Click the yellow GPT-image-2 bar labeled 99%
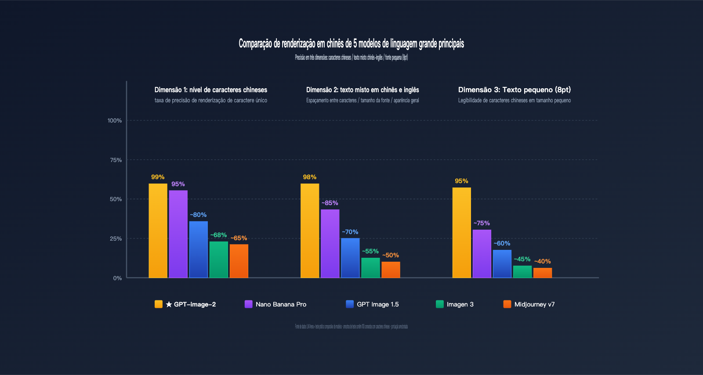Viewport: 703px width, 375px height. click(x=158, y=231)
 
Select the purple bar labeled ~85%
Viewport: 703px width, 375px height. click(x=330, y=244)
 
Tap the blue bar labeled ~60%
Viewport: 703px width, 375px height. click(x=502, y=264)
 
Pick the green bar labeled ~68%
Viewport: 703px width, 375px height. click(x=219, y=260)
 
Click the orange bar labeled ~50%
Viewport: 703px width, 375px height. click(x=391, y=270)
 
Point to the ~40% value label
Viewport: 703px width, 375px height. click(x=543, y=261)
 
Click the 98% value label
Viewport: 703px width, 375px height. click(x=310, y=177)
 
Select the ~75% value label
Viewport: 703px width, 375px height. click(x=482, y=223)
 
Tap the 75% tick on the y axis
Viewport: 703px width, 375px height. click(x=116, y=160)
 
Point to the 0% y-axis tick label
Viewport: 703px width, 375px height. click(x=117, y=278)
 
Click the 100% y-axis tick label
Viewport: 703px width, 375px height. click(x=115, y=120)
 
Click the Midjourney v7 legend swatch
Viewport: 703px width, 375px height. click(x=507, y=304)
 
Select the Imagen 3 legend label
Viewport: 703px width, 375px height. click(x=460, y=304)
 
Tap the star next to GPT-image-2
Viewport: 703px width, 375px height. click(x=169, y=304)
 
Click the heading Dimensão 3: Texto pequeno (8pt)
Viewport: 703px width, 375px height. click(x=515, y=90)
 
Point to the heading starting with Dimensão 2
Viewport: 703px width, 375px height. click(x=362, y=90)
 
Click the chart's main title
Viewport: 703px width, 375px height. click(x=351, y=43)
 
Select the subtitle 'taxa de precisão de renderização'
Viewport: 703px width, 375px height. click(x=211, y=101)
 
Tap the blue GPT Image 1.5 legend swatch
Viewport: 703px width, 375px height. click(x=350, y=304)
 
